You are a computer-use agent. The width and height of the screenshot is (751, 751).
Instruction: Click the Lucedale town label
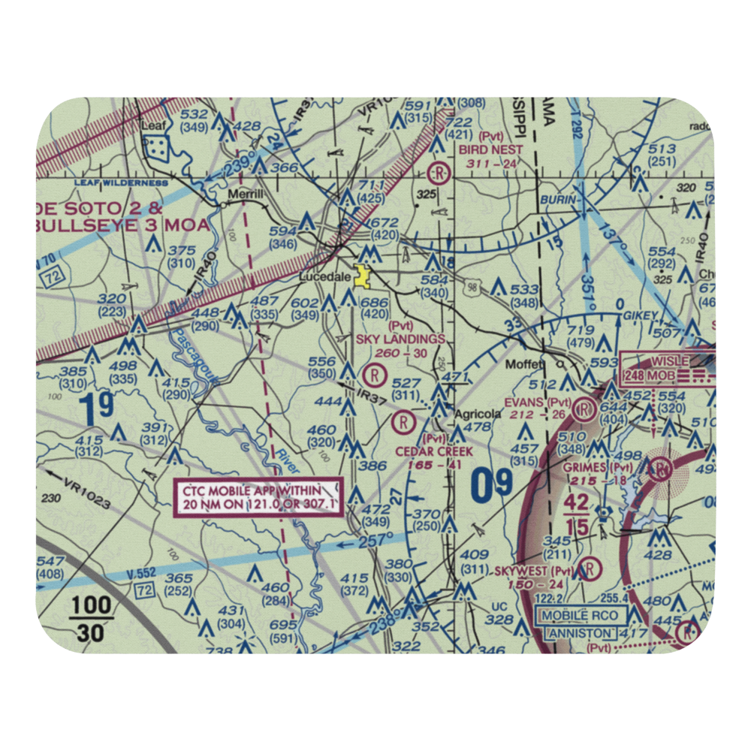coord(325,277)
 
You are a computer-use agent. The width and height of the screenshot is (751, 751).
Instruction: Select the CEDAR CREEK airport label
coord(436,451)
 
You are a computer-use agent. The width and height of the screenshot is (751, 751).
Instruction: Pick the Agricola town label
coord(477,414)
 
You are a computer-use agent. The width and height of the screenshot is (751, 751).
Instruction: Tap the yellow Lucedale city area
coord(363,277)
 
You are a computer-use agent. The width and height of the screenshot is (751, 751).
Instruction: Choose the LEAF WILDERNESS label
coord(120,182)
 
